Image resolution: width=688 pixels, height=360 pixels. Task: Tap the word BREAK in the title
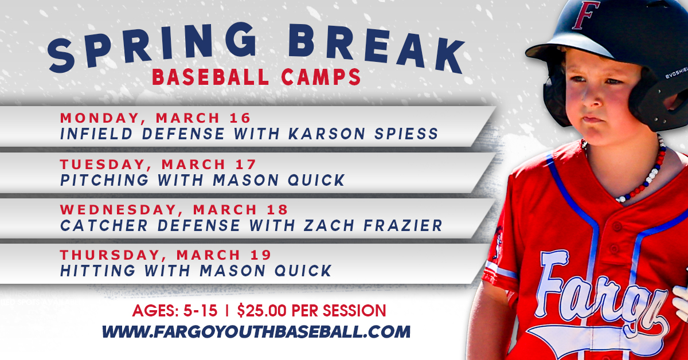(x=377, y=48)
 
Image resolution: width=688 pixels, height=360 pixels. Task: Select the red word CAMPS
(x=321, y=77)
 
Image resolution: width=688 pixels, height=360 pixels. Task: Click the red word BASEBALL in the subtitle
(x=211, y=77)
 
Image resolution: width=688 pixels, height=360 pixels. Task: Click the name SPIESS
(x=406, y=134)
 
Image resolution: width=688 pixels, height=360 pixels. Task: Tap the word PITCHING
(x=104, y=180)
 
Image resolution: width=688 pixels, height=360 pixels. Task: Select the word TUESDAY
(x=102, y=165)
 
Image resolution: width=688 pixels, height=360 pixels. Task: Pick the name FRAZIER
(x=403, y=225)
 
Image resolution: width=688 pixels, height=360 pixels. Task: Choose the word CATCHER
(x=104, y=225)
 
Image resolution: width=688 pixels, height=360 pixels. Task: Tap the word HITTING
(x=97, y=271)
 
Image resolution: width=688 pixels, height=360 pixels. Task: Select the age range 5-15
(x=200, y=311)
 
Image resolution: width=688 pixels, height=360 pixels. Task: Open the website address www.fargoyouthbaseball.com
(x=256, y=332)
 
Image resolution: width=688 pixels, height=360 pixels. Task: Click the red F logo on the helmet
(x=585, y=15)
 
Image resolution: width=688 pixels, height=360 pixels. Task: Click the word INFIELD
(x=96, y=134)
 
